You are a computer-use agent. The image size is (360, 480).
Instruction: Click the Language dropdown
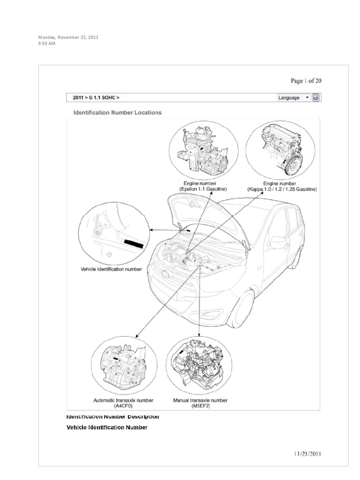293,98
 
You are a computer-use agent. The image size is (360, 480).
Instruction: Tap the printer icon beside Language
316,98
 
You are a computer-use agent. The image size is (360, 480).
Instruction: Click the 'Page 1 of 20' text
306,81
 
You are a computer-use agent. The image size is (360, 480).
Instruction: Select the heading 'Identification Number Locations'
118,112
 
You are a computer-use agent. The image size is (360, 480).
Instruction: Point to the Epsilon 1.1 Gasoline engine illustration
200,149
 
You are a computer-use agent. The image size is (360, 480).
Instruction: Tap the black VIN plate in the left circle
134,243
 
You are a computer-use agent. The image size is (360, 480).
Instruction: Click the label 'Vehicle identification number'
111,270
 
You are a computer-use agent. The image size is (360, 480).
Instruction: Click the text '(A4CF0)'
123,407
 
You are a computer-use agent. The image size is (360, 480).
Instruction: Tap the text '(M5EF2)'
200,407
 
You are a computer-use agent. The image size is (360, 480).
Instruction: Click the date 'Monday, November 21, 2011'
68,37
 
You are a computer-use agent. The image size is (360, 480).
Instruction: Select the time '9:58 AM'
47,44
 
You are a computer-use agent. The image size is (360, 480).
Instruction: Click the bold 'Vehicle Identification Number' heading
107,427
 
